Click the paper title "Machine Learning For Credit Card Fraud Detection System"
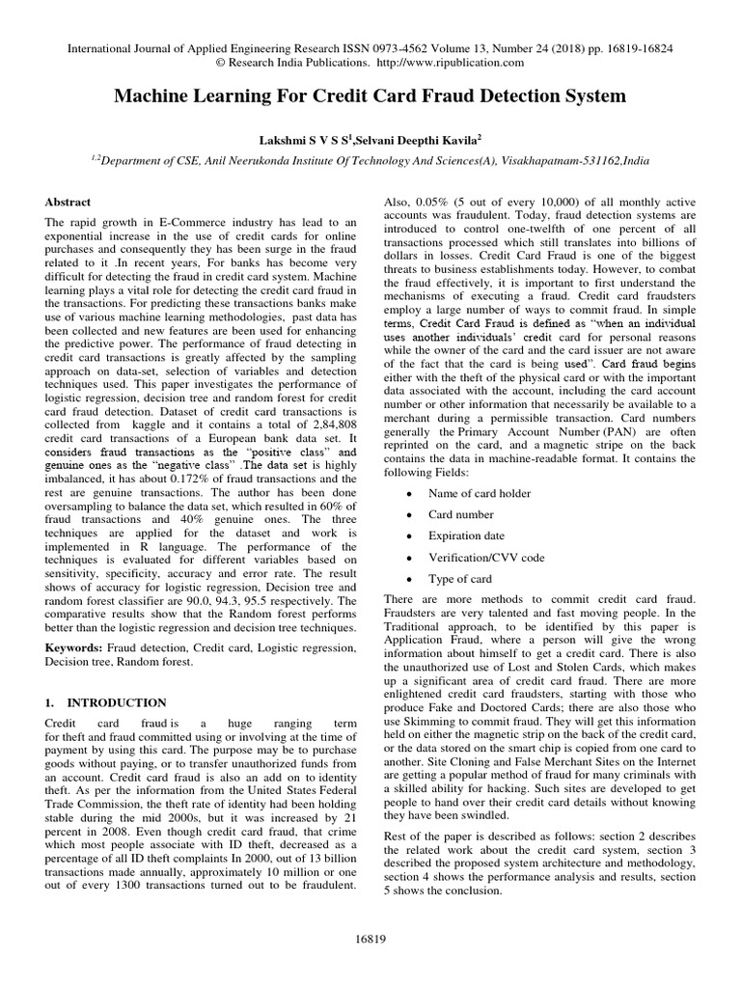pos(370,96)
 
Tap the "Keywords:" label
pos(77,643)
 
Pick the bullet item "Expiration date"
pos(467,536)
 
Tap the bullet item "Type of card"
pos(460,579)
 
